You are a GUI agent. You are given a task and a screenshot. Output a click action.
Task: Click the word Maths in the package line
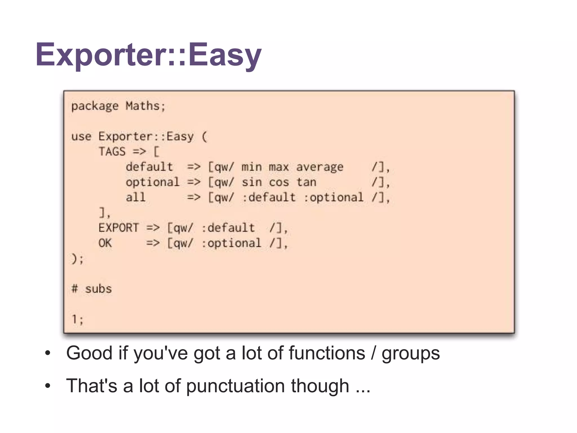[x=143, y=106]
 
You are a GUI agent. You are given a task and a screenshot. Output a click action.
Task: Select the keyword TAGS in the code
[x=112, y=152]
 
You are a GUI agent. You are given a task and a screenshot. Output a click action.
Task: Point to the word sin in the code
[x=252, y=182]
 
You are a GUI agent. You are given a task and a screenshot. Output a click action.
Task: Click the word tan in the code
[x=306, y=182]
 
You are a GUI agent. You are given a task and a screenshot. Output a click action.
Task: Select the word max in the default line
[x=279, y=167]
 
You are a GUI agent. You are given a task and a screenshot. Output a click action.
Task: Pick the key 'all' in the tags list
[x=136, y=197]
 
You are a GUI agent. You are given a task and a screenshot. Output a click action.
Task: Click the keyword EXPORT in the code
[x=119, y=228]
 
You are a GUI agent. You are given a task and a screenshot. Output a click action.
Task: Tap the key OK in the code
[x=105, y=243]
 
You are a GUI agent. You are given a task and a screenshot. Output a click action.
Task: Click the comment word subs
[x=98, y=289]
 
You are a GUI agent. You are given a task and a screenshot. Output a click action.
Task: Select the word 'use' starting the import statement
[x=81, y=137]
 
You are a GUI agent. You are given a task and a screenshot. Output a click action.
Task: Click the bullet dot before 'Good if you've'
[x=48, y=353]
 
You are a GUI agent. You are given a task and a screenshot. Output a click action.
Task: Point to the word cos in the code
[x=279, y=182]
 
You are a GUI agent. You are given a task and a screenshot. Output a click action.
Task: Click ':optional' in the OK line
[x=231, y=243]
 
